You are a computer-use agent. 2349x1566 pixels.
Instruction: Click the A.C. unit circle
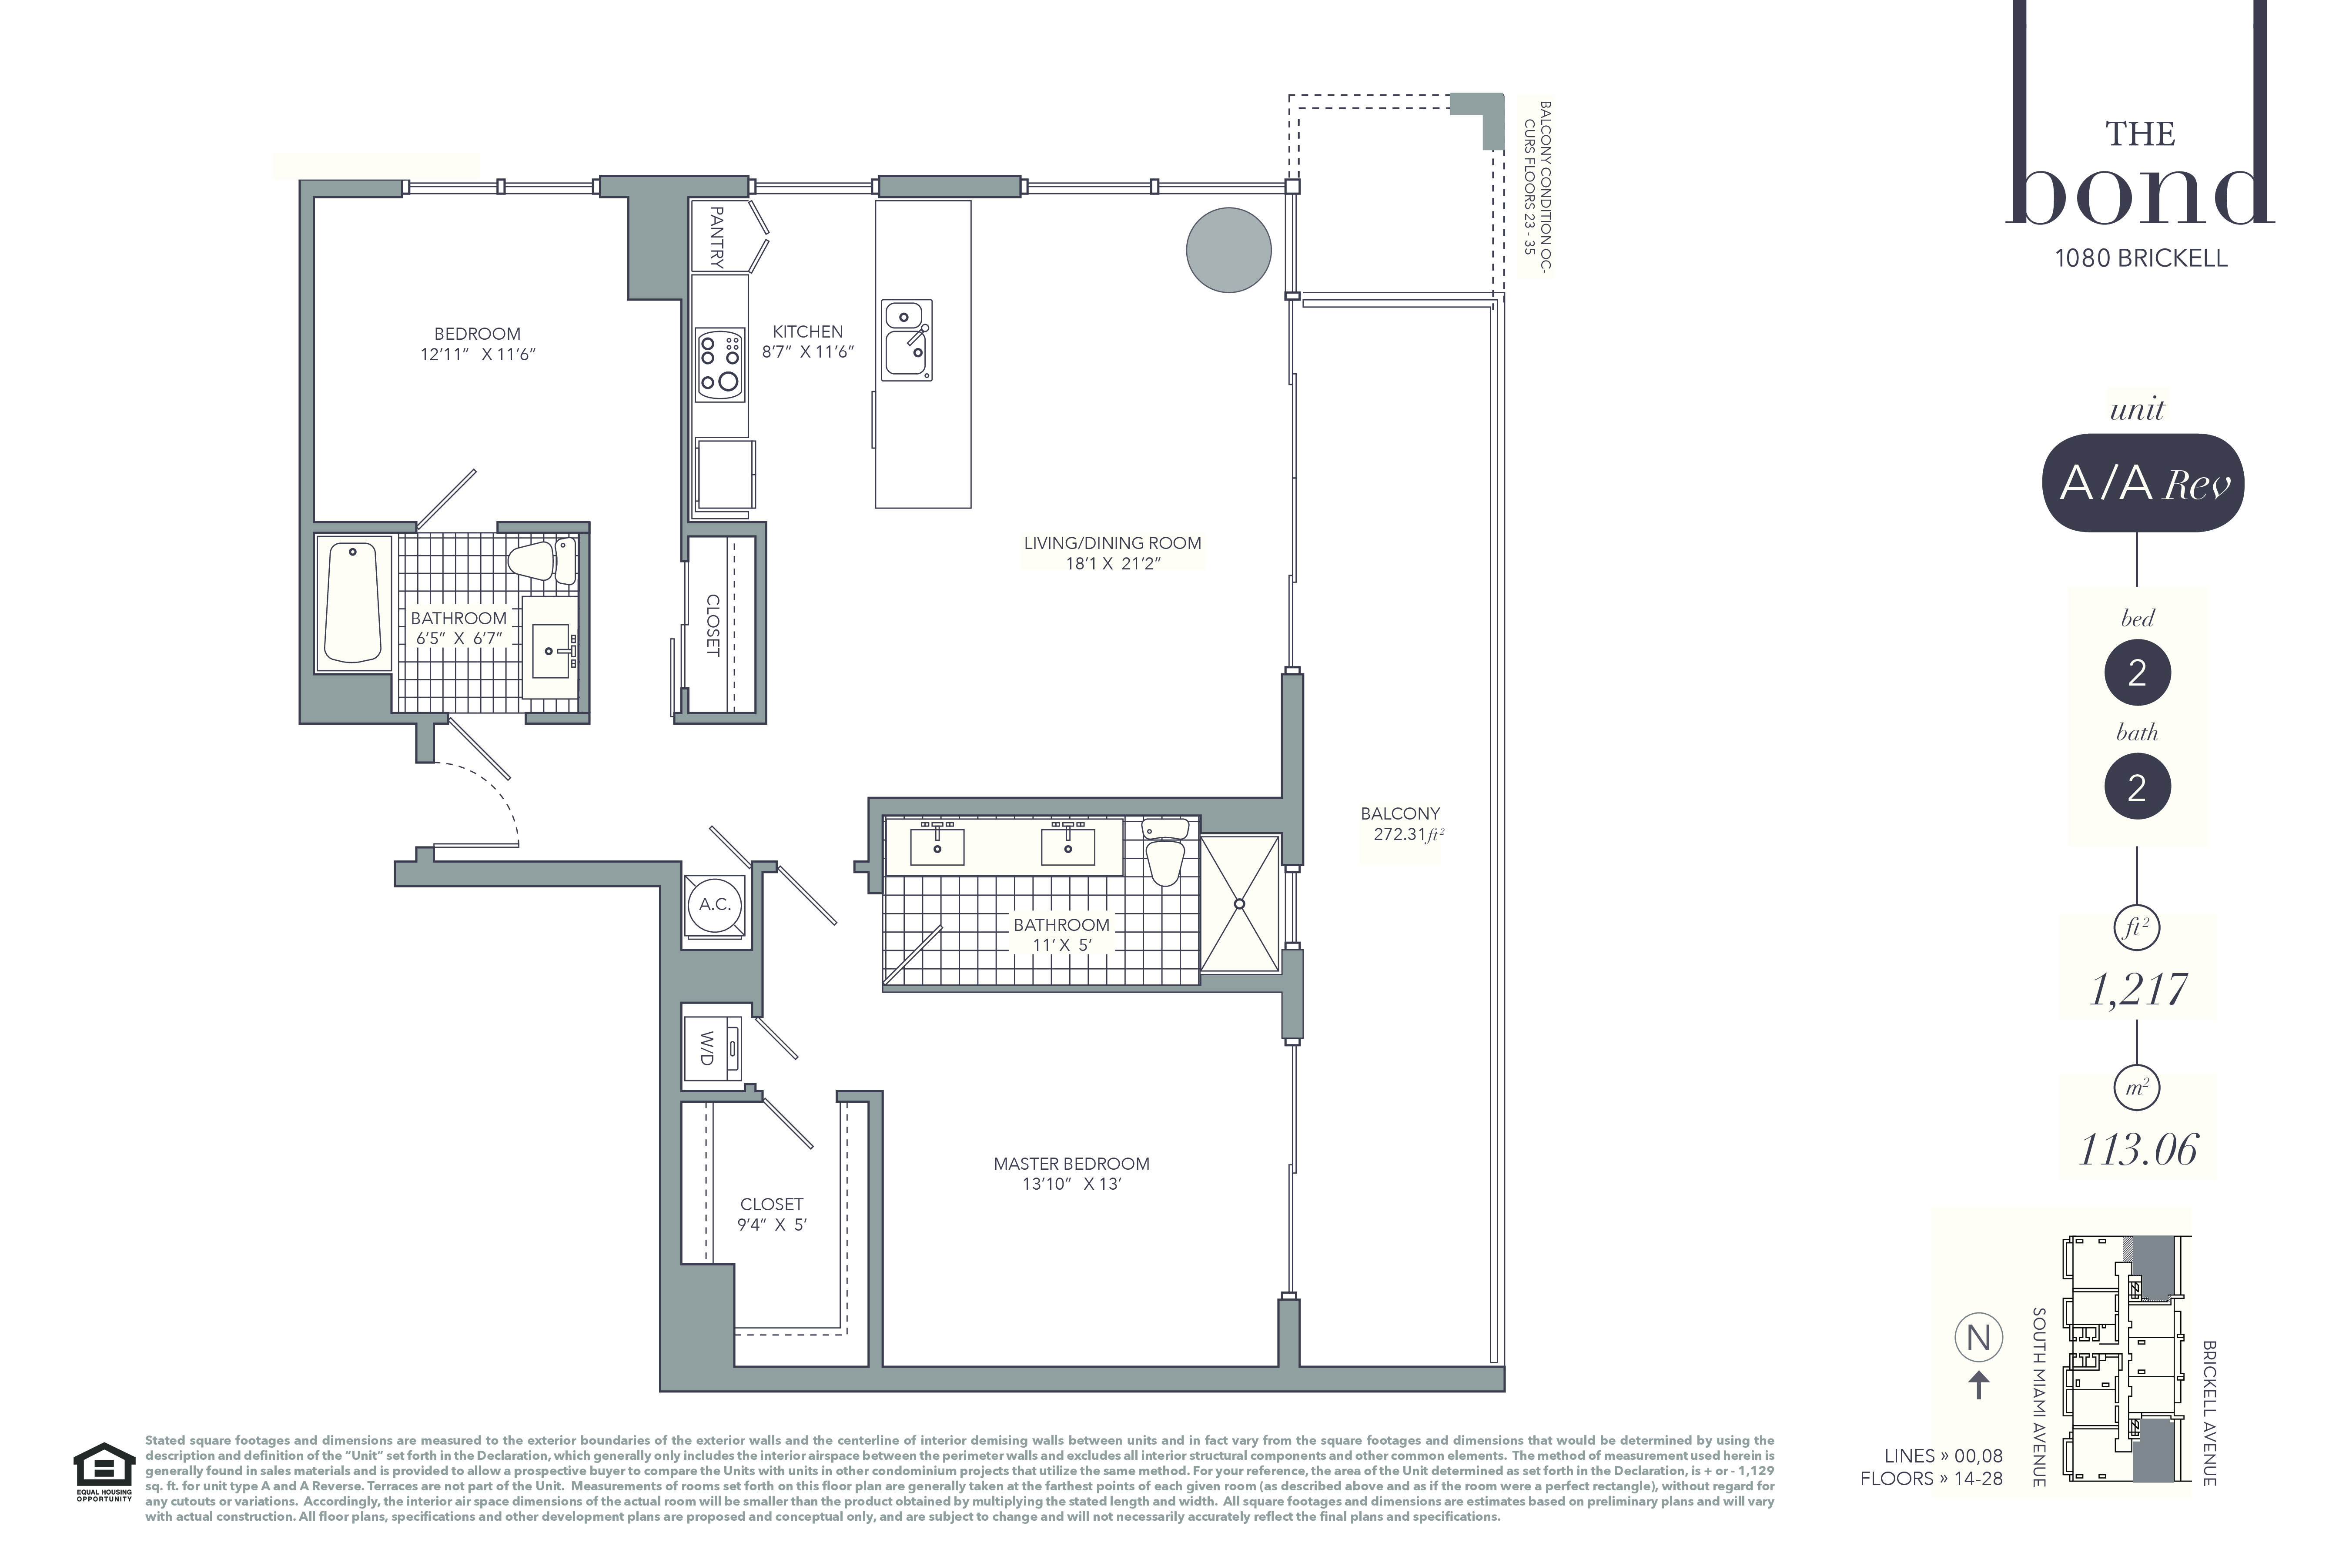[715, 905]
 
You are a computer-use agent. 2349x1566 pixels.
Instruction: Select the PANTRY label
[716, 237]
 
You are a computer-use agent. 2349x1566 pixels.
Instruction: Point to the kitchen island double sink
[907, 340]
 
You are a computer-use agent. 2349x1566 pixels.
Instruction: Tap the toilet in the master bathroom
[1164, 851]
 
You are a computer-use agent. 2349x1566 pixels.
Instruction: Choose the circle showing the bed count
[2137, 672]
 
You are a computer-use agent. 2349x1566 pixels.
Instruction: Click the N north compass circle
[1978, 1337]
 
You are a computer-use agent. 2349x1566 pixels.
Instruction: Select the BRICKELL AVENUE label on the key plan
[2209, 1413]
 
